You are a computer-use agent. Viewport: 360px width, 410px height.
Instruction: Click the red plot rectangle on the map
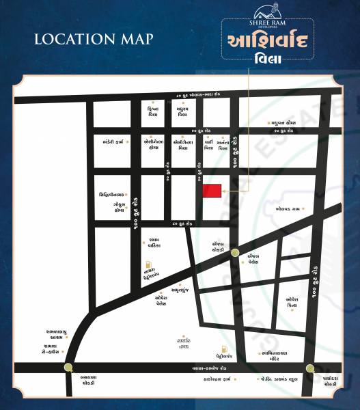click(212, 191)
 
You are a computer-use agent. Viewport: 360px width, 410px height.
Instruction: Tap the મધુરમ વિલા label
click(182, 113)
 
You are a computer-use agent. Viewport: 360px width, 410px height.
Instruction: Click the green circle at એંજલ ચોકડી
click(235, 253)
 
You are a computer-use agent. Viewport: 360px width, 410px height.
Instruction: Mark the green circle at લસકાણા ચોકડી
click(67, 367)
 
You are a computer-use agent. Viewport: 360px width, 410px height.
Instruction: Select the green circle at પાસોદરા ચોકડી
click(311, 367)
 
